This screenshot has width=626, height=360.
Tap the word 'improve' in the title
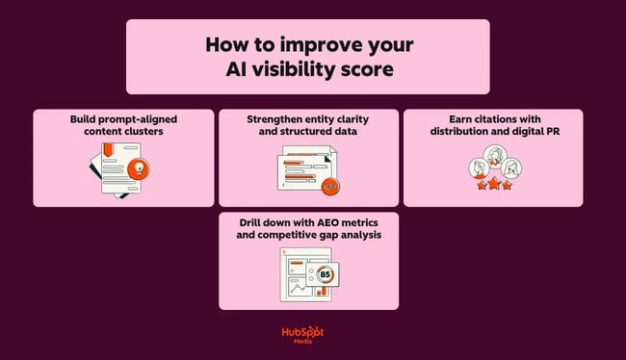[x=331, y=45]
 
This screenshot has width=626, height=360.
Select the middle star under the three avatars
[x=492, y=185]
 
